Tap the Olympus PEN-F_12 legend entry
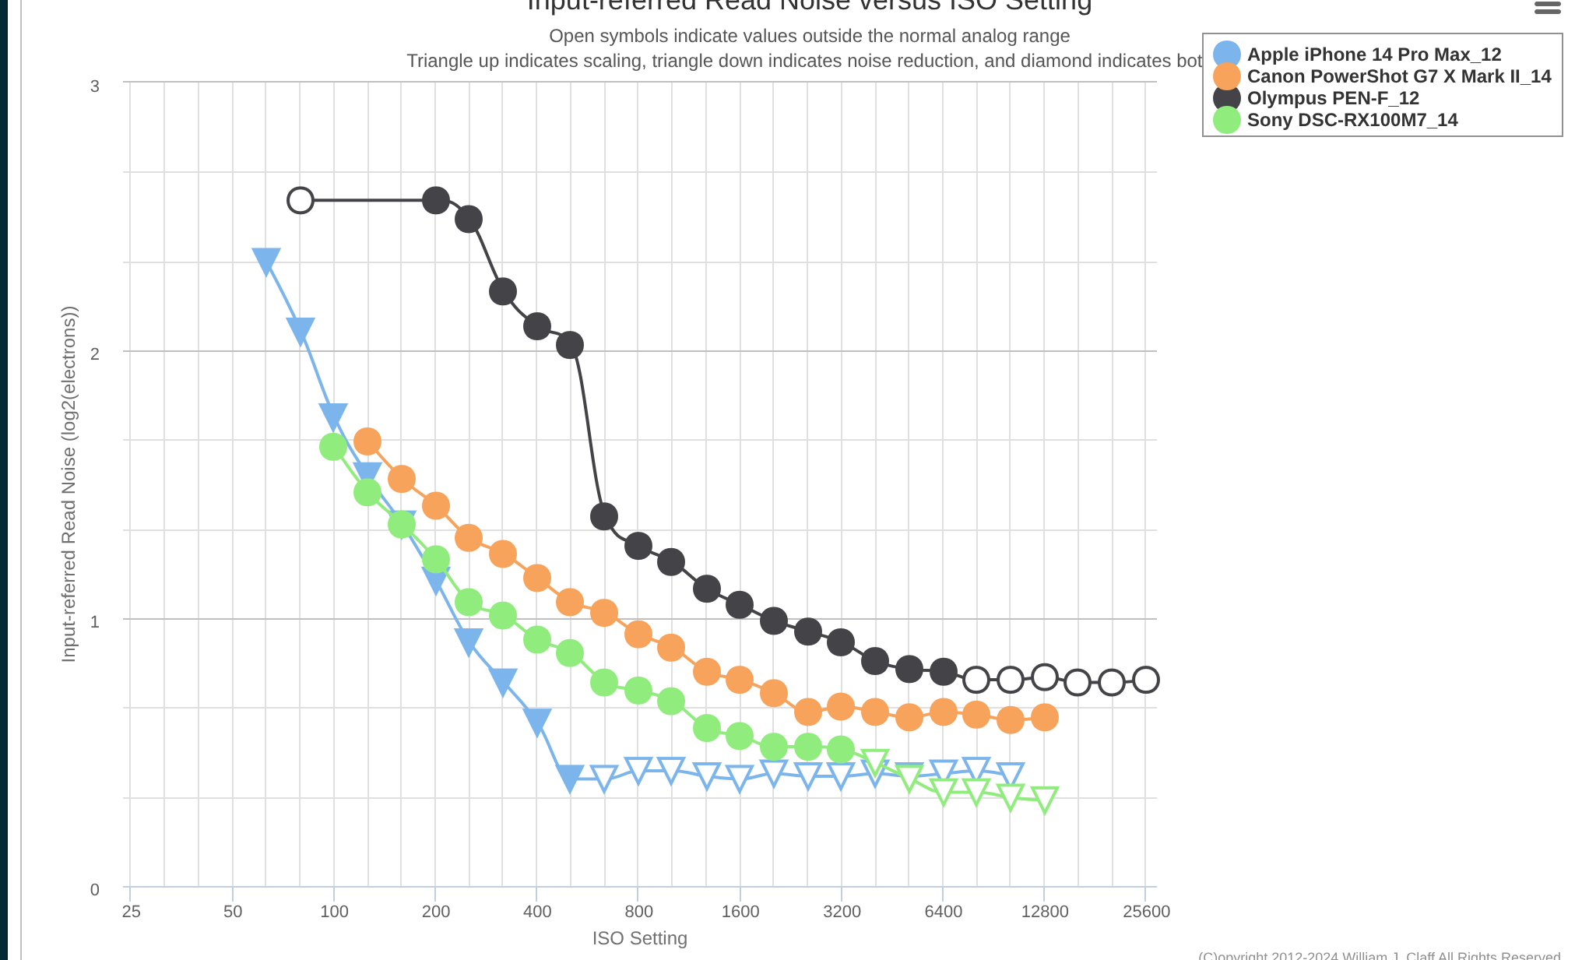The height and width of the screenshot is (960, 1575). click(1332, 98)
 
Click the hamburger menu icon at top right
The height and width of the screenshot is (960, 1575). click(1547, 8)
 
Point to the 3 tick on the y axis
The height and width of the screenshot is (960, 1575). click(95, 86)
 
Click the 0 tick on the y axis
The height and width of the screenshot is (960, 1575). click(95, 889)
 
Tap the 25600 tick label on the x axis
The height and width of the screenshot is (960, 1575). click(1146, 912)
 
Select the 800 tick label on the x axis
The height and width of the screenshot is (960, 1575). click(638, 912)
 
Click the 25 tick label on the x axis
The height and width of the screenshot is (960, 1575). click(131, 912)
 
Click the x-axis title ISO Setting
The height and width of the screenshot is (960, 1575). click(639, 938)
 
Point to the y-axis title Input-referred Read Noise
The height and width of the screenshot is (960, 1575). click(69, 484)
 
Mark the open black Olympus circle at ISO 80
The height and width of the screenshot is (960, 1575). click(301, 200)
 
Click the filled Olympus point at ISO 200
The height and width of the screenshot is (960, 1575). click(435, 200)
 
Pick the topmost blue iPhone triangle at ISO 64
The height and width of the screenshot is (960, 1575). click(266, 261)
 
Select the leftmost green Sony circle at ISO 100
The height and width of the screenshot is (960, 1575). click(333, 446)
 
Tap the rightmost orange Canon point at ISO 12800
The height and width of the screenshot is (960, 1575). click(1044, 717)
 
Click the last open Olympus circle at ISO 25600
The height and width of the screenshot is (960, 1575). click(1145, 680)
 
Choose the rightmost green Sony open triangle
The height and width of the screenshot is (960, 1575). click(1044, 799)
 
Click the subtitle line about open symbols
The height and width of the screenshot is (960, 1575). click(809, 36)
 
